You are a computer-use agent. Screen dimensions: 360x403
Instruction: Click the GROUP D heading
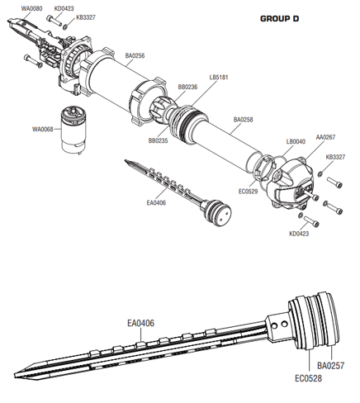tap(279, 19)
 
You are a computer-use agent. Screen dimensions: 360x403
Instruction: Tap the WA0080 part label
tap(32, 8)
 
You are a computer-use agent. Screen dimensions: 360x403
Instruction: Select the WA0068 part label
tap(43, 129)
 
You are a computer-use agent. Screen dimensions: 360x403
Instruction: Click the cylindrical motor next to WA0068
tap(73, 130)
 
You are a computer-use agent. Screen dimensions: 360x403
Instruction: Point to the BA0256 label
tap(135, 55)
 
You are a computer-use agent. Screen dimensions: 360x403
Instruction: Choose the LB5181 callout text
tap(219, 78)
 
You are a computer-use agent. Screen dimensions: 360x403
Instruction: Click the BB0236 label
tap(187, 87)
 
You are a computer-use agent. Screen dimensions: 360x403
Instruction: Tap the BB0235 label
tap(158, 140)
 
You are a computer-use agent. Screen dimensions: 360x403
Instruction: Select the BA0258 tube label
tap(244, 120)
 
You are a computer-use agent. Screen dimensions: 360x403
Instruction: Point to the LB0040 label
tap(296, 142)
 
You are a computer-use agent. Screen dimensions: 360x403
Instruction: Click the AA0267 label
tap(325, 137)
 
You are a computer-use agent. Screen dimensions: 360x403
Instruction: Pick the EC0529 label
tap(249, 192)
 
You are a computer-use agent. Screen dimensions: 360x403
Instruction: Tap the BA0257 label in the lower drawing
tap(330, 366)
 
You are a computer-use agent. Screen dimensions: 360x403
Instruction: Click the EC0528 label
tap(308, 378)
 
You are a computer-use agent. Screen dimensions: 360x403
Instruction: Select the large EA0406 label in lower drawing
tap(140, 323)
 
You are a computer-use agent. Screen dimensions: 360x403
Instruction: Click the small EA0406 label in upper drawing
tap(156, 203)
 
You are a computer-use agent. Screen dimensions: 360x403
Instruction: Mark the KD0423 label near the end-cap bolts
tap(299, 234)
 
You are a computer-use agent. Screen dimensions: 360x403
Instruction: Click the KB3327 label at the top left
tap(86, 17)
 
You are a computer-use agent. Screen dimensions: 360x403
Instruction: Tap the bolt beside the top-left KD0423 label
tap(54, 21)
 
